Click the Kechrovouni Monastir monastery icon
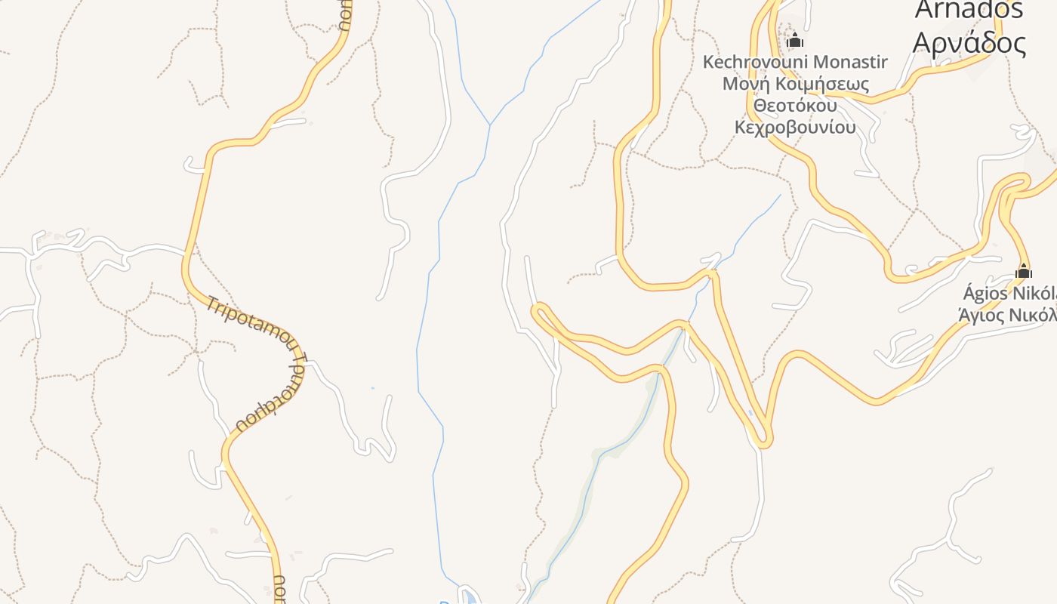pyautogui.click(x=794, y=40)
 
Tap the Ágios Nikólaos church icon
pyautogui.click(x=1024, y=270)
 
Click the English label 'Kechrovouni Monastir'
pyautogui.click(x=795, y=62)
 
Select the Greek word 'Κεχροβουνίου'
pyautogui.click(x=795, y=126)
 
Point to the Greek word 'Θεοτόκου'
pyautogui.click(x=795, y=105)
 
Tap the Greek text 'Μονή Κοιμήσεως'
pyautogui.click(x=795, y=83)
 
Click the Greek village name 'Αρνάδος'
pyautogui.click(x=969, y=43)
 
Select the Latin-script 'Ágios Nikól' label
pyautogui.click(x=1009, y=293)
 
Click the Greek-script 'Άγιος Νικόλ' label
pyautogui.click(x=1007, y=315)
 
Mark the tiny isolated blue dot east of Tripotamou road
pyautogui.click(x=372, y=389)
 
